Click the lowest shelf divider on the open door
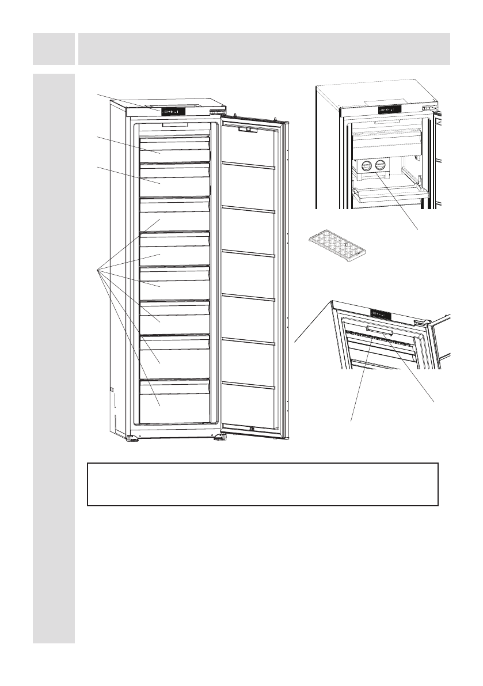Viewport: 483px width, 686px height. pyautogui.click(x=248, y=383)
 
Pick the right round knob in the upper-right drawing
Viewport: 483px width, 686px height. pyautogui.click(x=379, y=166)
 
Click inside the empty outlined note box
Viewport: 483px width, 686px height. pyautogui.click(x=263, y=484)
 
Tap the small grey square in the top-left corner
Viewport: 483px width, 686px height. pyautogui.click(x=54, y=48)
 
